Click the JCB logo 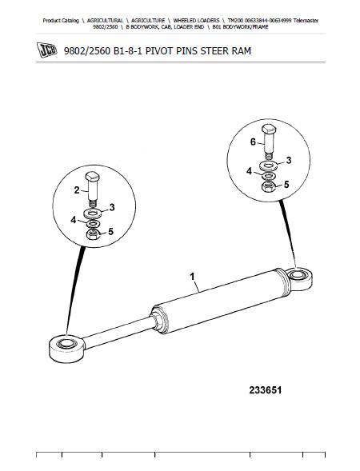pyautogui.click(x=46, y=50)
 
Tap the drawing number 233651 pyautogui.click(x=266, y=390)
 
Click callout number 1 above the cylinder pyautogui.click(x=192, y=277)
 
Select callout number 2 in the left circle pyautogui.click(x=77, y=190)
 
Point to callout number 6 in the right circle pyautogui.click(x=253, y=142)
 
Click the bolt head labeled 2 pyautogui.click(x=92, y=176)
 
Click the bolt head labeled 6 pyautogui.click(x=269, y=129)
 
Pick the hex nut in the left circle pyautogui.click(x=93, y=234)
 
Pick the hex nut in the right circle pyautogui.click(x=269, y=187)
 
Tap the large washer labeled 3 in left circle pyautogui.click(x=93, y=214)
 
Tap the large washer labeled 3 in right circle pyautogui.click(x=269, y=166)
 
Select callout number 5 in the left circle pyautogui.click(x=110, y=232)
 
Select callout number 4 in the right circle pyautogui.click(x=249, y=171)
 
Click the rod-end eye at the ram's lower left pyautogui.click(x=66, y=348)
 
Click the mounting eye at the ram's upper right pyautogui.click(x=298, y=279)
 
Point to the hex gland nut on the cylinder pyautogui.click(x=157, y=321)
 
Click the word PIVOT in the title pyautogui.click(x=158, y=51)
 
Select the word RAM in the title pyautogui.click(x=241, y=51)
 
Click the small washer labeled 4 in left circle pyautogui.click(x=93, y=224)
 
